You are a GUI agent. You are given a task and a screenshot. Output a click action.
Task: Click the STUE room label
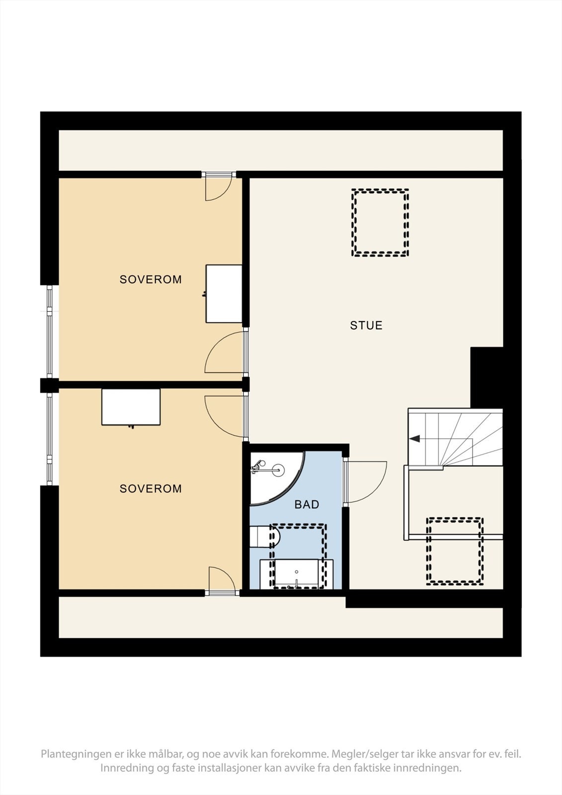tap(366, 325)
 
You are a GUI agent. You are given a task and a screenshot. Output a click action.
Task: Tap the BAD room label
tap(307, 505)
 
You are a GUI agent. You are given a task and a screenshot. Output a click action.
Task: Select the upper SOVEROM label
tap(151, 279)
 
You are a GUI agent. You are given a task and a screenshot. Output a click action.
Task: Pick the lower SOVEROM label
tap(151, 489)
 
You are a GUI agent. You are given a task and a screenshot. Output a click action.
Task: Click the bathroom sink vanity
tap(296, 574)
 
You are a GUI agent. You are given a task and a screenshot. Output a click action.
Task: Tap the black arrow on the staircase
tap(415, 438)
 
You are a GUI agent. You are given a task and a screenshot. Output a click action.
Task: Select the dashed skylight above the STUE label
tap(380, 223)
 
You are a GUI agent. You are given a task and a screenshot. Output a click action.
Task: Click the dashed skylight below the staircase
tap(455, 551)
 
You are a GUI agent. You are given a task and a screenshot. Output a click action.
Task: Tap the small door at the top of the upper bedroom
tap(218, 187)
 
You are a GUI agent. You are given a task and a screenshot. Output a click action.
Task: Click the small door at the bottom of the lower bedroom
tap(221, 579)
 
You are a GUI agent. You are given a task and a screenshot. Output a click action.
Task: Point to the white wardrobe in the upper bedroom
tap(224, 294)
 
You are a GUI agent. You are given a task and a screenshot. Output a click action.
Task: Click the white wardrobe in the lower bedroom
tap(131, 407)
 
